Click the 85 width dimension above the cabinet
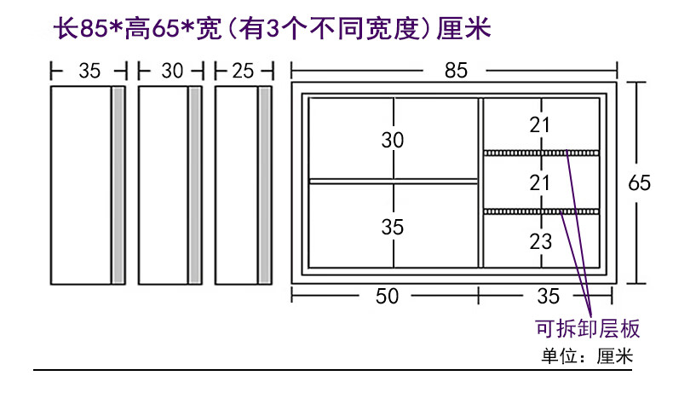tap(456, 72)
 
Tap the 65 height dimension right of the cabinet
tap(640, 182)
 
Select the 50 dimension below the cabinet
tap(388, 296)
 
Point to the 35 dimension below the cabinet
tap(548, 296)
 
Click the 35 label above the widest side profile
tap(89, 72)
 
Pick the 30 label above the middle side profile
tap(172, 72)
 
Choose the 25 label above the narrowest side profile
tap(243, 72)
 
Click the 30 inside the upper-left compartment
tap(392, 140)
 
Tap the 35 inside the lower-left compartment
tap(392, 228)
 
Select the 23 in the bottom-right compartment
tap(540, 241)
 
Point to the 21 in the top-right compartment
tap(540, 125)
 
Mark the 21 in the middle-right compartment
tap(540, 182)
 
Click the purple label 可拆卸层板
tap(587, 329)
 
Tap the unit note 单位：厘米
tap(587, 356)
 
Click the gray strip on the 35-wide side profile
tap(118, 184)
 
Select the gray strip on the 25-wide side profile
tap(265, 184)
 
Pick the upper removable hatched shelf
tap(542, 153)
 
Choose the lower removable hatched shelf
tap(542, 211)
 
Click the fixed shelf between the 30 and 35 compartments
tap(393, 181)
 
